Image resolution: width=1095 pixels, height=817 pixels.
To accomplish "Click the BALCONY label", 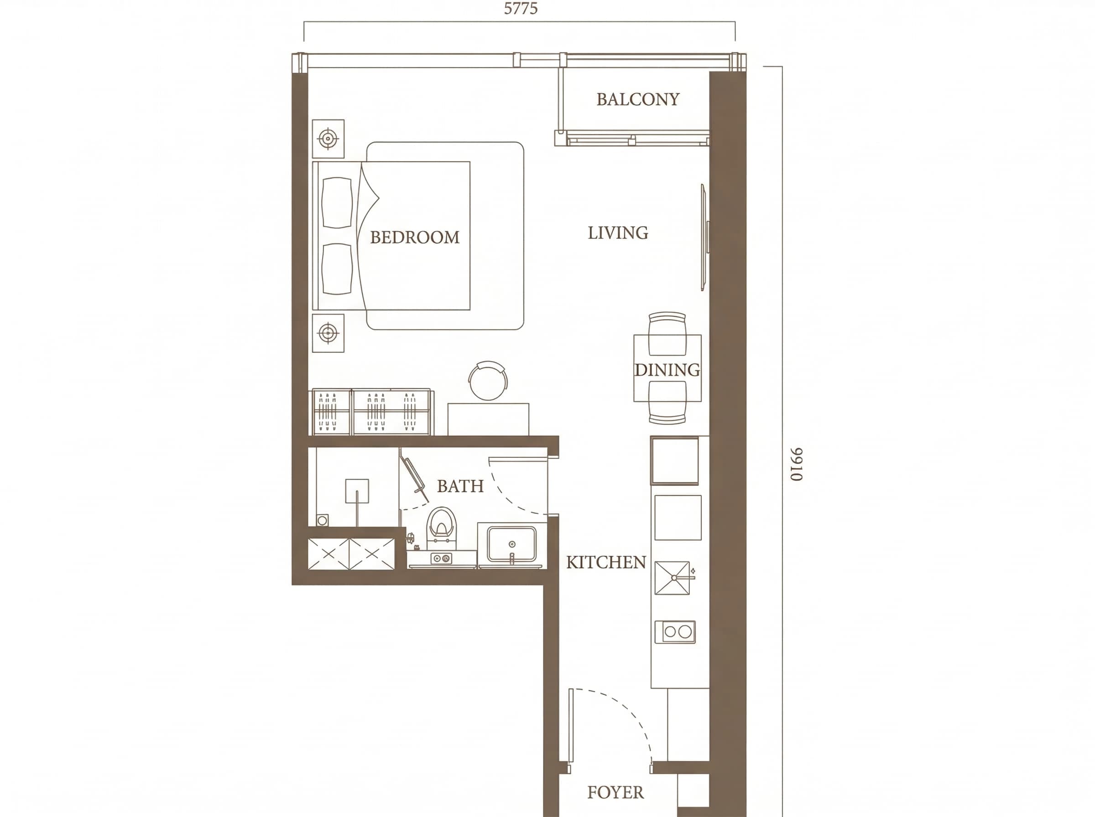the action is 637,99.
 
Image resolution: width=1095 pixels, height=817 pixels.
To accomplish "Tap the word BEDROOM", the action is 415,238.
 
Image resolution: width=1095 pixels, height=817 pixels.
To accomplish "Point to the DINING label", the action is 667,370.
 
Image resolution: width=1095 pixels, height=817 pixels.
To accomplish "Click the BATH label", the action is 460,486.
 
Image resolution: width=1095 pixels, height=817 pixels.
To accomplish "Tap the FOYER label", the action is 615,792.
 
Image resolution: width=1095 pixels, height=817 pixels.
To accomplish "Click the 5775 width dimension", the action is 521,8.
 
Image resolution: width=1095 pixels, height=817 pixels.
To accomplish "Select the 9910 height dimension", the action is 796,465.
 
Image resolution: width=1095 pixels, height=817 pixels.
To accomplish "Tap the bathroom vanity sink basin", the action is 511,544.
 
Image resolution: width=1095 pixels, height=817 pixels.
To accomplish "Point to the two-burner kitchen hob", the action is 675,631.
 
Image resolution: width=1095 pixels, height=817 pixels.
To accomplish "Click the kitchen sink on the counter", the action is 672,578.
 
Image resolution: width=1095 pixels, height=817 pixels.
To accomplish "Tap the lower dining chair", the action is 667,403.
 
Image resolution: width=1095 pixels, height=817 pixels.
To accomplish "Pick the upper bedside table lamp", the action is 328,139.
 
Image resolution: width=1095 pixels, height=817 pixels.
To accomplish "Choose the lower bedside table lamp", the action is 328,333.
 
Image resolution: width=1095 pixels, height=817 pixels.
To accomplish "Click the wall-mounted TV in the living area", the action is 704,237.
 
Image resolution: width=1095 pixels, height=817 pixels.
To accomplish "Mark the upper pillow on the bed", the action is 337,203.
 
